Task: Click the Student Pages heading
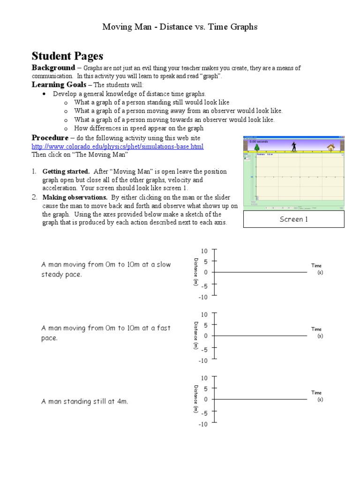pyautogui.click(x=67, y=56)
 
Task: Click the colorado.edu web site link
pyautogui.click(x=117, y=147)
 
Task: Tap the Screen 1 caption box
pyautogui.click(x=293, y=219)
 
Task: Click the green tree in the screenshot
pyautogui.click(x=257, y=147)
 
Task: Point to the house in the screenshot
pyautogui.click(x=331, y=147)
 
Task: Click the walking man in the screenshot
pyautogui.click(x=294, y=146)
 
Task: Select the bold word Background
pyautogui.click(x=53, y=68)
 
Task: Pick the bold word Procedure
pyautogui.click(x=50, y=138)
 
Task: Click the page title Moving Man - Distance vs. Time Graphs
pyautogui.click(x=180, y=27)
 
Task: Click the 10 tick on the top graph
pyautogui.click(x=204, y=252)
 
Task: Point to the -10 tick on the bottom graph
pyautogui.click(x=202, y=425)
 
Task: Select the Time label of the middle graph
pyautogui.click(x=316, y=329)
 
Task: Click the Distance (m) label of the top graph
pyautogui.click(x=195, y=272)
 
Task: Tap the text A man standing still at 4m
pyautogui.click(x=85, y=401)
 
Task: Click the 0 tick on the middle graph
pyautogui.click(x=205, y=336)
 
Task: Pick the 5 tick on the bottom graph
pyautogui.click(x=205, y=389)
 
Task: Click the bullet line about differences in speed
pyautogui.click(x=139, y=128)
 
